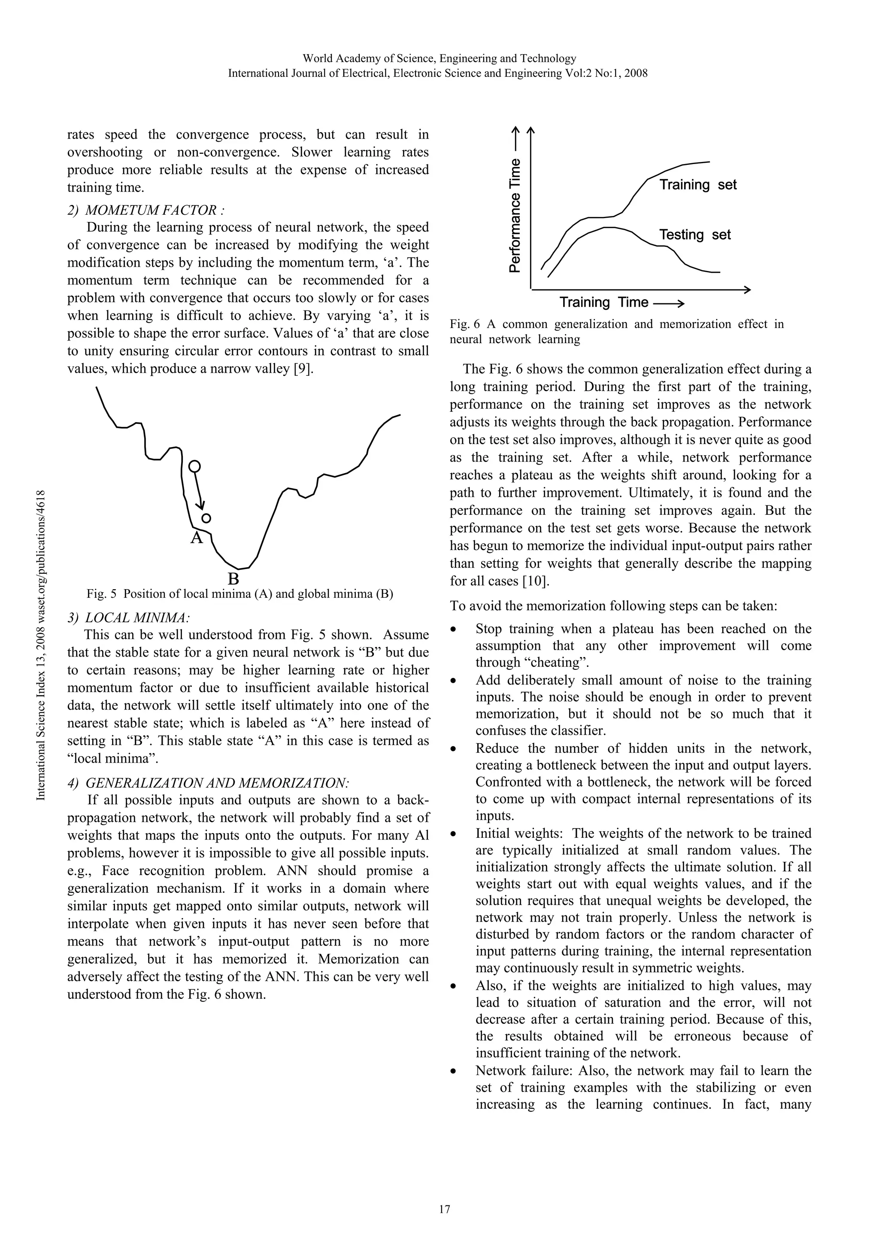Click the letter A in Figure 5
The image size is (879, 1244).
(197, 538)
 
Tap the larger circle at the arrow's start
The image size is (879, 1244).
(194, 466)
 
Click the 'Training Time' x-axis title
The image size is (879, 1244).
(603, 302)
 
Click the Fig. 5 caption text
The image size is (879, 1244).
(240, 593)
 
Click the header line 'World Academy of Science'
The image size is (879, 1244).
(439, 58)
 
